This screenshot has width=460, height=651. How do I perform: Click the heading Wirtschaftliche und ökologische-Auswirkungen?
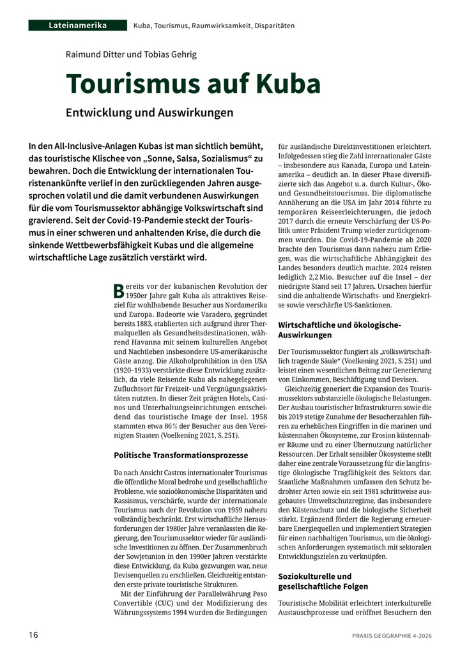point(339,330)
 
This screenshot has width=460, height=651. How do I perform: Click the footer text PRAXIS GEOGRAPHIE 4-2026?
point(392,635)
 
